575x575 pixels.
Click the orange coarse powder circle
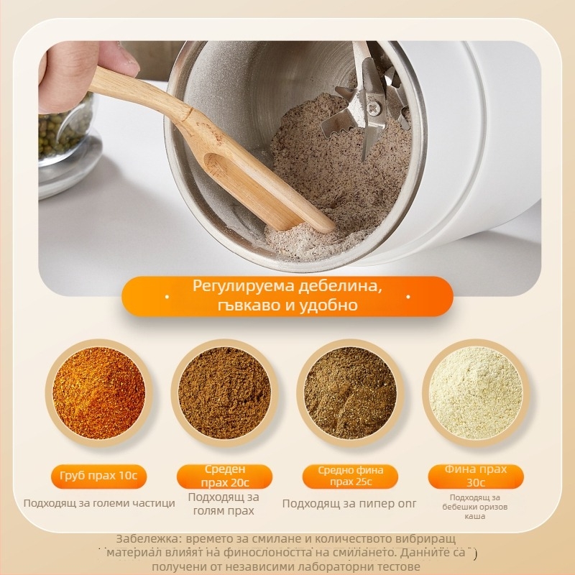coord(98,392)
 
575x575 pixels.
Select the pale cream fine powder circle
coord(476,392)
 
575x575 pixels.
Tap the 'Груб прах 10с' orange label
coord(98,476)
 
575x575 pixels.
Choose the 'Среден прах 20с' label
coord(224,476)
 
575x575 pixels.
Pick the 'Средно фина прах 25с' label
coord(350,476)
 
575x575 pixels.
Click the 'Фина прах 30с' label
coord(476,476)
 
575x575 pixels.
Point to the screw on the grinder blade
coord(374,109)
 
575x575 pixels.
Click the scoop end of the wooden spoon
coord(257,190)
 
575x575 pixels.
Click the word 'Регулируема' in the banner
coord(243,286)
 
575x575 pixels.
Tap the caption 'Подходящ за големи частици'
coord(99,503)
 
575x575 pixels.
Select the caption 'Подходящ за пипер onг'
coord(349,504)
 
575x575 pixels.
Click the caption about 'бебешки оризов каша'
coord(475,507)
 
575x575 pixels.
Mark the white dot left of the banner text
coord(167,296)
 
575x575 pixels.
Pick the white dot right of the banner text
coord(408,296)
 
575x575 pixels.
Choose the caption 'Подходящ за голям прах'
coord(224,504)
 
